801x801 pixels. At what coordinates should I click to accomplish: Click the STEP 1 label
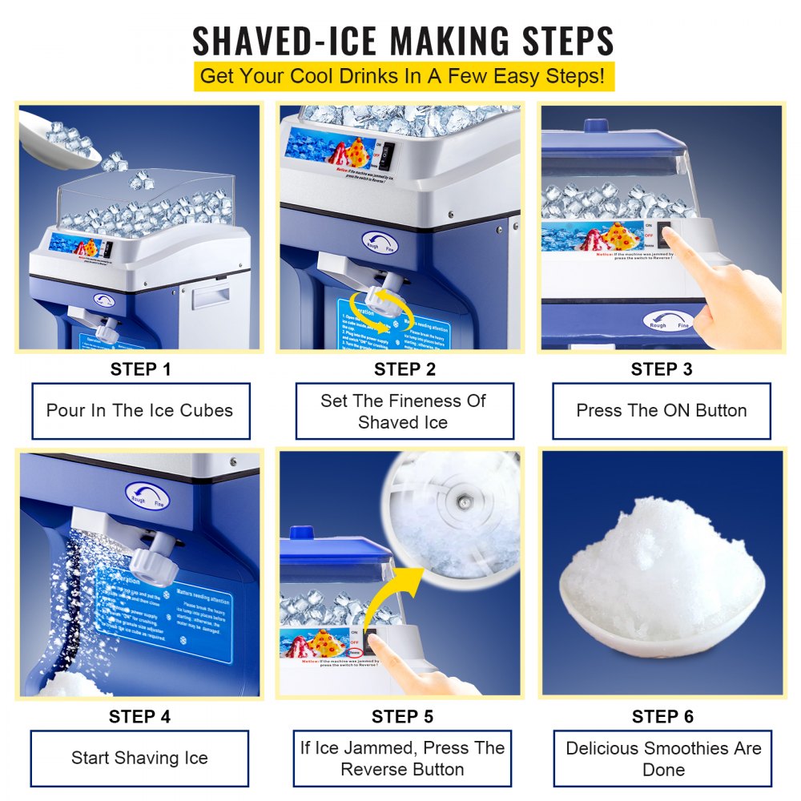pos(140,369)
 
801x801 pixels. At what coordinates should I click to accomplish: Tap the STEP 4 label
pos(140,716)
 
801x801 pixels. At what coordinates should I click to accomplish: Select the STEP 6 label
pos(662,716)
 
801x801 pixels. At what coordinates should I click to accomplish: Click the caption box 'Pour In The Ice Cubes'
pos(140,411)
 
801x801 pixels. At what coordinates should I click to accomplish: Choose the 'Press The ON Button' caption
pos(662,411)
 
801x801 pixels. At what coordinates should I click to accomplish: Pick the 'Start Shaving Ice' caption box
pos(140,758)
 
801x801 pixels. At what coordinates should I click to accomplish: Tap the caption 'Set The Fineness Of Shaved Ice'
pos(404,411)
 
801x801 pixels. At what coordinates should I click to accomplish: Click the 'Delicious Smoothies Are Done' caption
pos(663,758)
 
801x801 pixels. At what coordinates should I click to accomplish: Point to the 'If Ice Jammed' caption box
pos(402,758)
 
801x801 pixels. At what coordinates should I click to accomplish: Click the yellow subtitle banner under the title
pos(404,77)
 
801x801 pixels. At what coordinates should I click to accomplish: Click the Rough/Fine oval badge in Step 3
pos(668,321)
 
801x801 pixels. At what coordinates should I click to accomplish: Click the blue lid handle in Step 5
pos(301,532)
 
